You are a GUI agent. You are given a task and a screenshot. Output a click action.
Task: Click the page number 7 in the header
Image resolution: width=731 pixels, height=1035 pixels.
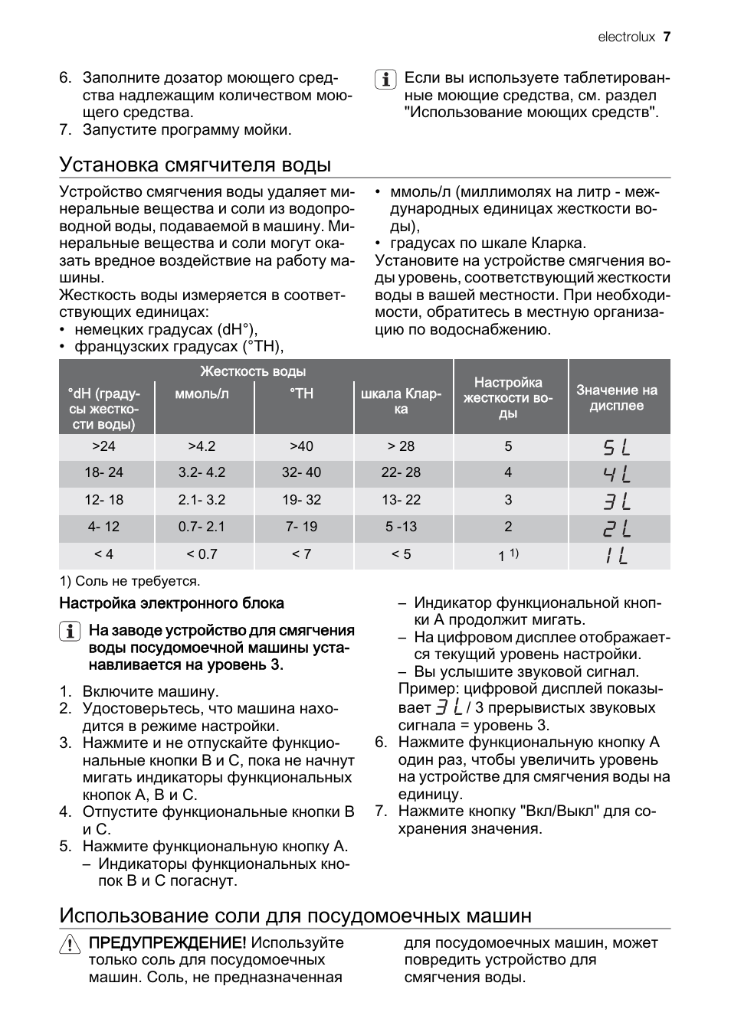(667, 37)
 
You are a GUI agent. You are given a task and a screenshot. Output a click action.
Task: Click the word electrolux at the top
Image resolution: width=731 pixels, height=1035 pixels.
(625, 37)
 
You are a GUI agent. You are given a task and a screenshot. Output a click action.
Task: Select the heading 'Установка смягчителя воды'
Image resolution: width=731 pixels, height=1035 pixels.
(195, 165)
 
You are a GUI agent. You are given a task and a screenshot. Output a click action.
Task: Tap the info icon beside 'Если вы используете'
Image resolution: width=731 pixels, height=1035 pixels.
(385, 79)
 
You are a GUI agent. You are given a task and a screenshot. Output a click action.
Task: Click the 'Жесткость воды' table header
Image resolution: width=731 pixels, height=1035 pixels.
(253, 371)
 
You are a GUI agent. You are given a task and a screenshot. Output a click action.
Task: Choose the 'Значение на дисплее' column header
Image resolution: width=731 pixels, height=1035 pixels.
(617, 398)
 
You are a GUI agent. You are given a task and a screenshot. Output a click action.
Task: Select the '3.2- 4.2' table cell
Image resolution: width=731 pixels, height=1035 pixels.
(202, 473)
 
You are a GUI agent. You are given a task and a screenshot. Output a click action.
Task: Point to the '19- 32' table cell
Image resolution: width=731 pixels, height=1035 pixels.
(301, 500)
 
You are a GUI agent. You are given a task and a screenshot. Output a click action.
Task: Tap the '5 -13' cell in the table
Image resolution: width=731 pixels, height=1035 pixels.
(401, 527)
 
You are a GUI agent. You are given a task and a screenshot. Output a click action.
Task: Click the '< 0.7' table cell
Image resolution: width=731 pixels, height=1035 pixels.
(202, 553)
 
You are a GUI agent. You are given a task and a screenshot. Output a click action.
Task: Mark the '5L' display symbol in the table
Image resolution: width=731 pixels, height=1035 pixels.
(617, 447)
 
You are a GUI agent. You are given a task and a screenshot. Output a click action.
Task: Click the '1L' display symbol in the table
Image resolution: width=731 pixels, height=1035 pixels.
(617, 555)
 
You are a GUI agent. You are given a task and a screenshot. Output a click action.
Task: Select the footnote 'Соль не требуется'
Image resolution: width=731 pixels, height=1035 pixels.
(129, 581)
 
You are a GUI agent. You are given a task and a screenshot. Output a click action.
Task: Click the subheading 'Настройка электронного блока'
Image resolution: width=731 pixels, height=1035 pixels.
(172, 603)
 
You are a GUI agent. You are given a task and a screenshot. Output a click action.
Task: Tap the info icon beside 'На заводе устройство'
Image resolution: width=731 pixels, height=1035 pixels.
(69, 632)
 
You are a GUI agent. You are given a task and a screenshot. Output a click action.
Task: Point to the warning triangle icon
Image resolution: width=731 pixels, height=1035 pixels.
(69, 945)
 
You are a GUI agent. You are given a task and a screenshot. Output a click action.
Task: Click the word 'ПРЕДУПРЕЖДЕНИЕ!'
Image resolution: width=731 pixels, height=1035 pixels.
(168, 943)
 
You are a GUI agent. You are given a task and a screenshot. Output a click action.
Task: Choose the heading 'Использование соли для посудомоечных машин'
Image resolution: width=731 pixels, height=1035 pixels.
(295, 916)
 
